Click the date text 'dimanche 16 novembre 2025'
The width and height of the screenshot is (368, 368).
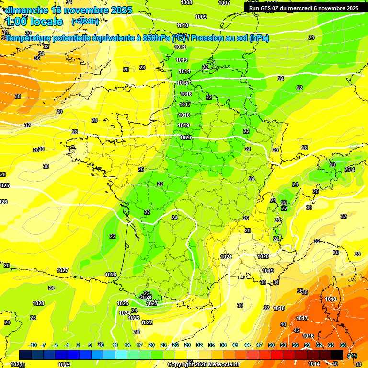(69, 10)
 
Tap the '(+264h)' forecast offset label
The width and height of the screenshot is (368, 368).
(85, 22)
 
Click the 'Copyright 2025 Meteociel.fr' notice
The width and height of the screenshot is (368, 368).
(203, 364)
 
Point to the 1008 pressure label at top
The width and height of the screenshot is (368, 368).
(186, 2)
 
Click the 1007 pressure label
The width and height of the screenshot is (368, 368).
(224, 2)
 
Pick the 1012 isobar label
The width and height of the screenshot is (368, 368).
(180, 47)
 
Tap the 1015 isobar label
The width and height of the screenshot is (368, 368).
(183, 83)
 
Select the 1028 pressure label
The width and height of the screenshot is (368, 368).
(38, 303)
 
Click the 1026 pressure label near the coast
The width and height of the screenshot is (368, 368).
(111, 275)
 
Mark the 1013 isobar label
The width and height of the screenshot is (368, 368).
(182, 60)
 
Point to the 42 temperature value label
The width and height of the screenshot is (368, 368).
(296, 330)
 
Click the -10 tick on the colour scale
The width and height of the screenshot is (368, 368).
(33, 345)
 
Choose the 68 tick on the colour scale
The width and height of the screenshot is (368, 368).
(343, 345)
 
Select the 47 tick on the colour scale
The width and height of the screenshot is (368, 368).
(259, 345)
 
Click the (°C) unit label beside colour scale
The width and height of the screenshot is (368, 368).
(352, 356)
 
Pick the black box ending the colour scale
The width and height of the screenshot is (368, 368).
(337, 355)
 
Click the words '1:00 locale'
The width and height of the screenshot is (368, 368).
(34, 22)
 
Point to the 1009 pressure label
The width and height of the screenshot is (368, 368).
(201, 17)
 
